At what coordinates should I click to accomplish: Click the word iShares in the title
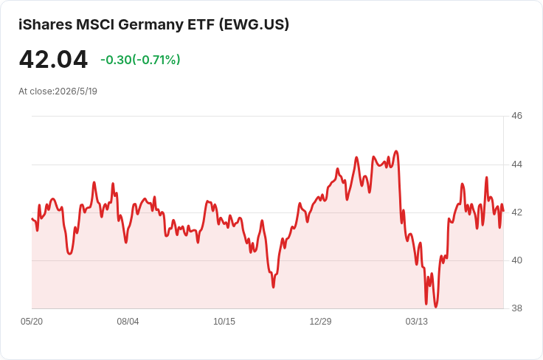45,24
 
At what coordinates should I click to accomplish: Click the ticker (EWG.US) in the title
254,24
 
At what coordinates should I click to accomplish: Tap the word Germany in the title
151,25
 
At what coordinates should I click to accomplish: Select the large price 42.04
53,60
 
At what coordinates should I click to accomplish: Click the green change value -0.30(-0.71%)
140,60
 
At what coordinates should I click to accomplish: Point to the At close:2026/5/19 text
58,91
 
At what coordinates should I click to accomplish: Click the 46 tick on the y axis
516,116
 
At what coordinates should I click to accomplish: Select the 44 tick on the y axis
516,164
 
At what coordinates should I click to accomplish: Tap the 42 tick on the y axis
516,212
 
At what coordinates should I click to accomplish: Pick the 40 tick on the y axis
516,260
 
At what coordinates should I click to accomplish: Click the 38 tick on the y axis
516,308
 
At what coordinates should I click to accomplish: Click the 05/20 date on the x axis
32,322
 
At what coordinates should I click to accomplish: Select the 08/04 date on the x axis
128,322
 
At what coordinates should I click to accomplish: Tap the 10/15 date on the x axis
224,322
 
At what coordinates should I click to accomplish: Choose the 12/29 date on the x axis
320,322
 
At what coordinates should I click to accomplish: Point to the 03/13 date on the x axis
417,322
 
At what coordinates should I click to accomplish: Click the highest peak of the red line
396,151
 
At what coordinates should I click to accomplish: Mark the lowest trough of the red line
435,307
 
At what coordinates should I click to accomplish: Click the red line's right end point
503,210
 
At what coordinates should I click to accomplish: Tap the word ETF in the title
201,24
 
